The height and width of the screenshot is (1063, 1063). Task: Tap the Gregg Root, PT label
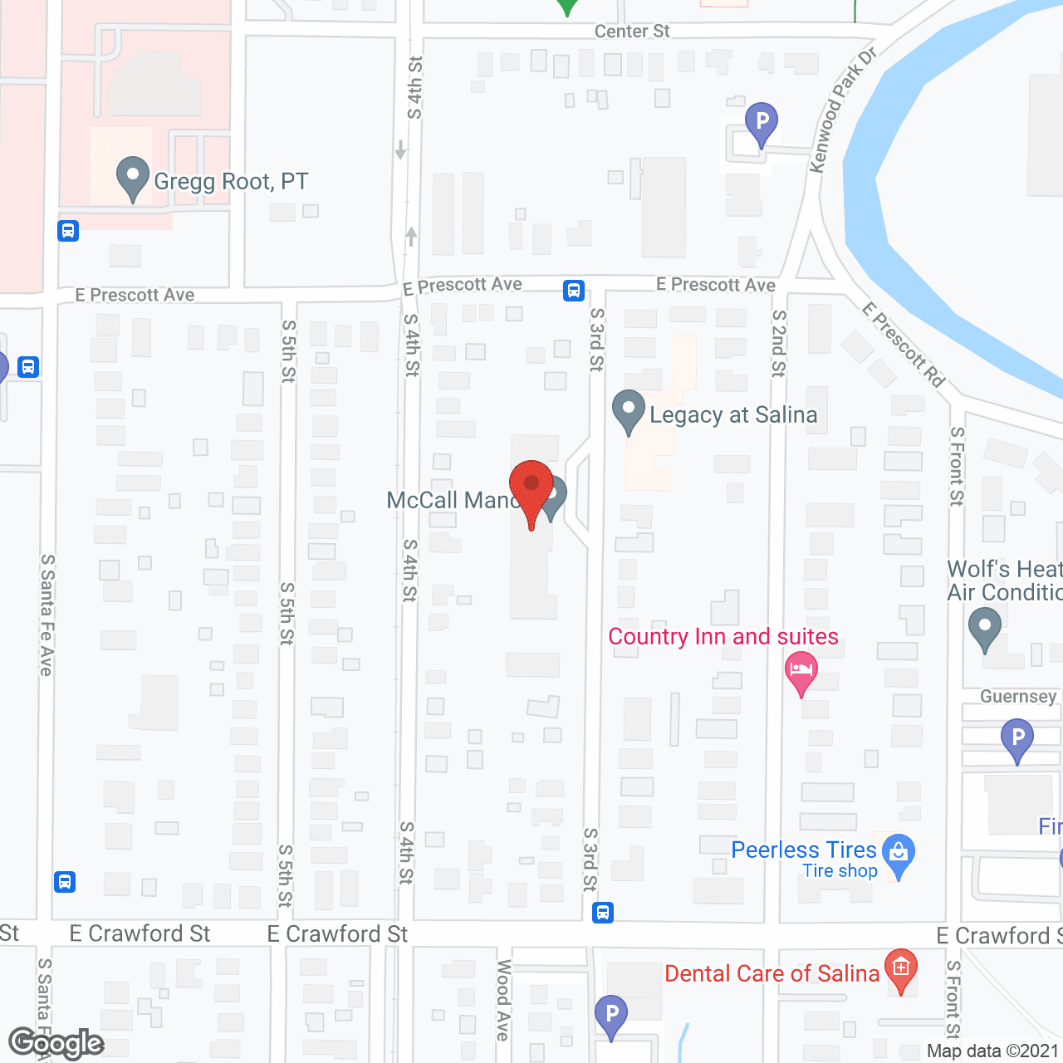click(231, 181)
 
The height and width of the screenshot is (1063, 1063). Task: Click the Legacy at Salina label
click(733, 414)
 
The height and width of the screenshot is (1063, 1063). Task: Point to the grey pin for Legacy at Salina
click(629, 410)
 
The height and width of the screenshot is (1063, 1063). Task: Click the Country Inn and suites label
click(723, 636)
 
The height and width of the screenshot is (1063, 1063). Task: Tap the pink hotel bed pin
click(801, 672)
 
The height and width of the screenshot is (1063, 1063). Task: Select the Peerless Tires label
click(804, 850)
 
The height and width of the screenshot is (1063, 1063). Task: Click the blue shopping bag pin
click(899, 854)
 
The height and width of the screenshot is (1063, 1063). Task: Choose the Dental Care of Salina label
click(772, 973)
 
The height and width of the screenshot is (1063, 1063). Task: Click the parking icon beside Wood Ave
click(611, 1015)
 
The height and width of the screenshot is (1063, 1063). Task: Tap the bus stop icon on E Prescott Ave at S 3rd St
click(574, 291)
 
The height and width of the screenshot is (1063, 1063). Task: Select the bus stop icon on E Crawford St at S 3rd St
click(603, 913)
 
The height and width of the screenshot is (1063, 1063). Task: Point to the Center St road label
click(632, 32)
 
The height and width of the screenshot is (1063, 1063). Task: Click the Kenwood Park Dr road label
click(843, 110)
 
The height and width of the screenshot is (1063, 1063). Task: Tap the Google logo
click(56, 1043)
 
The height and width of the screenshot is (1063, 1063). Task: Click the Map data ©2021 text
click(992, 1051)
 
